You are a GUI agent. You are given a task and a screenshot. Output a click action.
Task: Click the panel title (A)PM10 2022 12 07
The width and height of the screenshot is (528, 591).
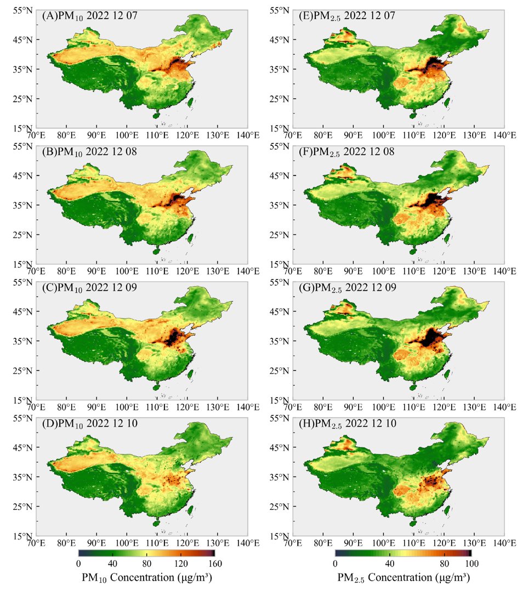tap(90, 16)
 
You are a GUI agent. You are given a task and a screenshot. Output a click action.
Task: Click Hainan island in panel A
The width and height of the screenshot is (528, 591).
tap(155, 116)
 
